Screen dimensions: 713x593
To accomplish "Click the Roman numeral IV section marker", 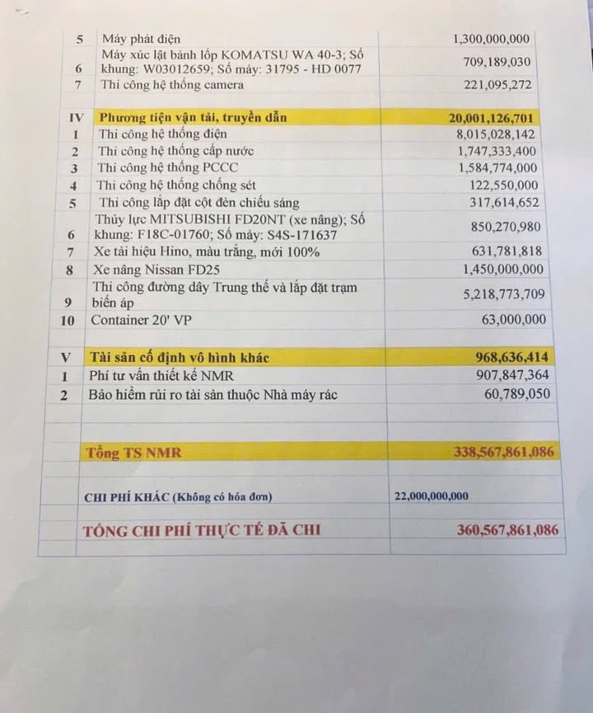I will tap(76, 118).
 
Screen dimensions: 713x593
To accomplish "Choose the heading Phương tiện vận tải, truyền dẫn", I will tap(193, 118).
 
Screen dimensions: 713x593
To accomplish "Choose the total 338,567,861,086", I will tap(504, 452).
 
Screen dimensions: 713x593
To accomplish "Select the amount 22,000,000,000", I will tap(432, 496).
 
